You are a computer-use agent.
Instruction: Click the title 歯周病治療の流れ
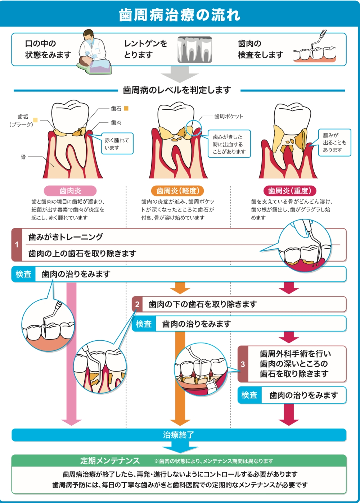(x=180, y=15)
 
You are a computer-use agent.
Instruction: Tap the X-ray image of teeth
(x=195, y=49)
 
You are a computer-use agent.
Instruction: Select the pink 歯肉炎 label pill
(x=70, y=191)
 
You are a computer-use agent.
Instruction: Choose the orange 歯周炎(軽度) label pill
(x=178, y=191)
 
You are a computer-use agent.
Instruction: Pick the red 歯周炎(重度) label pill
(x=289, y=191)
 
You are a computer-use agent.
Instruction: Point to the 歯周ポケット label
(x=229, y=116)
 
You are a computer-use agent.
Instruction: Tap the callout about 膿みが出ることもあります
(x=334, y=142)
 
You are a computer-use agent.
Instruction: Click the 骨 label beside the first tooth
(x=23, y=157)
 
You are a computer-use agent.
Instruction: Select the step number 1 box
(x=17, y=245)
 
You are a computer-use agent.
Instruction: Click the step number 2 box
(x=137, y=304)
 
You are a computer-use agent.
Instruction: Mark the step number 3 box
(x=243, y=364)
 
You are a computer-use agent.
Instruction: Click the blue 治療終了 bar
(x=179, y=435)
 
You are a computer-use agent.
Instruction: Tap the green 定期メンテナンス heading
(x=110, y=461)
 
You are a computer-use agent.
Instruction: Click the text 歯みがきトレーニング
(x=66, y=237)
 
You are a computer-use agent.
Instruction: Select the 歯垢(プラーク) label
(x=22, y=121)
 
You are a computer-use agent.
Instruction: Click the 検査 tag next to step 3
(x=249, y=395)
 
